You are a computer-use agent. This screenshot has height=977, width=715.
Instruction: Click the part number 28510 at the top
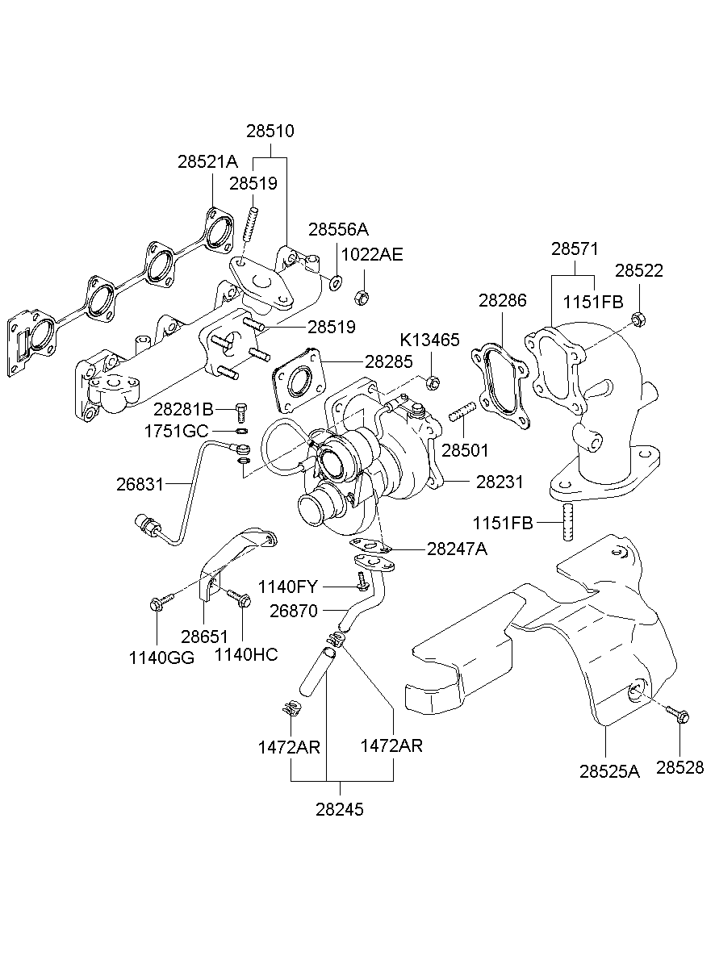pyautogui.click(x=270, y=131)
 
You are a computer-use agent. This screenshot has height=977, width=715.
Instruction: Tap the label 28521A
pyautogui.click(x=207, y=161)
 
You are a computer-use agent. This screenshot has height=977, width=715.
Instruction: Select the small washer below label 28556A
pyautogui.click(x=335, y=281)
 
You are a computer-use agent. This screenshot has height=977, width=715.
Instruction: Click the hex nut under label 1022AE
pyautogui.click(x=362, y=297)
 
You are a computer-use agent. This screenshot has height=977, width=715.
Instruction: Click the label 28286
pyautogui.click(x=502, y=301)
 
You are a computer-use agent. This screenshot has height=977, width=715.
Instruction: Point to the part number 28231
pyautogui.click(x=500, y=482)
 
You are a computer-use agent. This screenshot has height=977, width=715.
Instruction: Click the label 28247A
pyautogui.click(x=457, y=549)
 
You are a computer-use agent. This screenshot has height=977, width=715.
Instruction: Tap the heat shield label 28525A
pyautogui.click(x=608, y=770)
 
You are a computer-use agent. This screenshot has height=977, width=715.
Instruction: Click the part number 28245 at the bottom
pyautogui.click(x=340, y=810)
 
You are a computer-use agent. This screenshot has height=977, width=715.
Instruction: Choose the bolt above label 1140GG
pyautogui.click(x=160, y=603)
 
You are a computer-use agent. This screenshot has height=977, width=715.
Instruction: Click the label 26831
pyautogui.click(x=140, y=484)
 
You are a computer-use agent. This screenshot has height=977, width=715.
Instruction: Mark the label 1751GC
pyautogui.click(x=176, y=431)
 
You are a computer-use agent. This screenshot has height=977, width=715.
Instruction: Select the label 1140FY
pyautogui.click(x=287, y=587)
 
